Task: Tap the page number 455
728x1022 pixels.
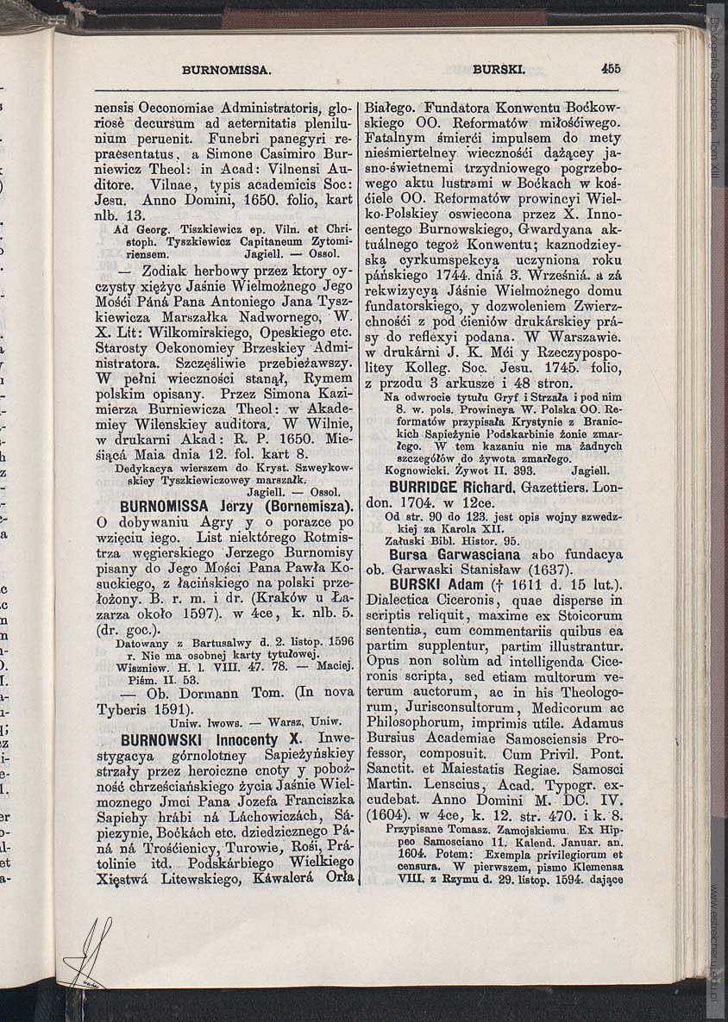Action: (x=611, y=68)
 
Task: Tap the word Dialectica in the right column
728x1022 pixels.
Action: (x=403, y=600)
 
